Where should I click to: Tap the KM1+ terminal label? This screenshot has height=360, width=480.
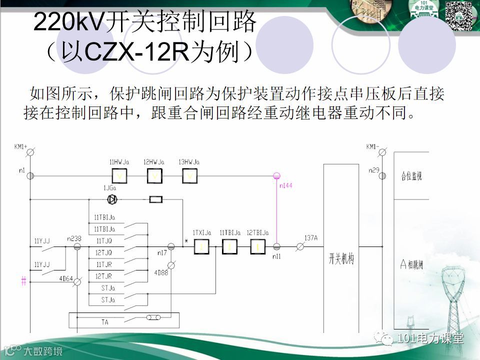pos(20,146)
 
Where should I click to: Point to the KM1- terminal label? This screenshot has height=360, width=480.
pos(373,146)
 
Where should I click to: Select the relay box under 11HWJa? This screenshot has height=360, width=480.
pos(119,176)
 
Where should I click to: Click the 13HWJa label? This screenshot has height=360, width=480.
pos(189,162)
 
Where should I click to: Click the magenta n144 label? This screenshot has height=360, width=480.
pos(286,185)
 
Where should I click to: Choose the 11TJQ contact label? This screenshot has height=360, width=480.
pos(104,241)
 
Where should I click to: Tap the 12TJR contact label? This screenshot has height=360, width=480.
pos(104,276)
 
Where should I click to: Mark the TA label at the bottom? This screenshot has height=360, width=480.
pos(105,322)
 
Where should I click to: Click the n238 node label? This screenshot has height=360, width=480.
pos(74,239)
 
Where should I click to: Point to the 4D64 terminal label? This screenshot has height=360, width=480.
pos(65,278)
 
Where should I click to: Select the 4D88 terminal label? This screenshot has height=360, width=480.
pos(161,273)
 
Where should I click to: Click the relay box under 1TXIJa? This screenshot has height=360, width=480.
pos(201,246)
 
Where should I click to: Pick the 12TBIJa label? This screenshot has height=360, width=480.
pos(258,233)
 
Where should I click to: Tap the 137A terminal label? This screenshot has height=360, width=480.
pos(310,238)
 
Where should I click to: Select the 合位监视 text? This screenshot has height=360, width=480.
pos(411,176)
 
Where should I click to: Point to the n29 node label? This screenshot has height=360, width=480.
pos(374,170)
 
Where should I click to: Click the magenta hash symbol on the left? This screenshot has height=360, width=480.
pos(23,281)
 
